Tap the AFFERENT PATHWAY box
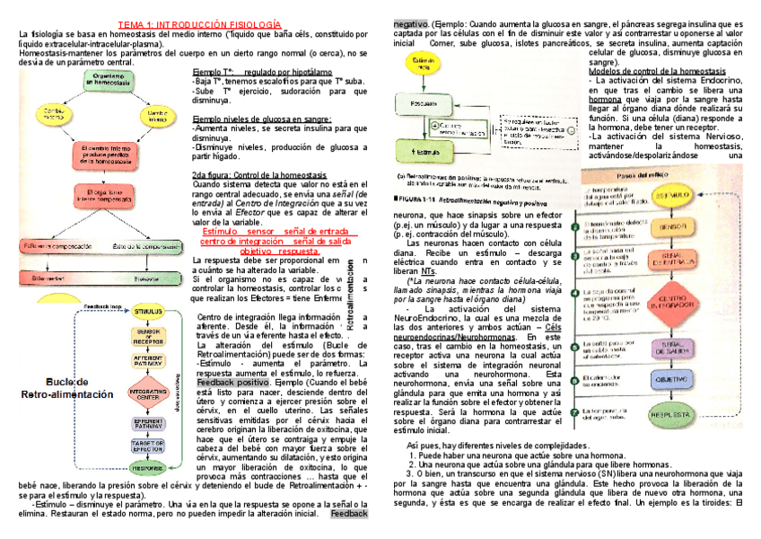[147, 360]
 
